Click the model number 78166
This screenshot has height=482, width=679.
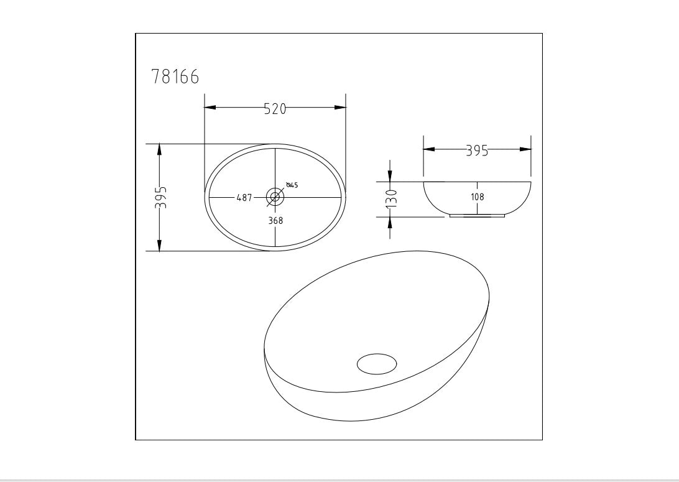[175, 77]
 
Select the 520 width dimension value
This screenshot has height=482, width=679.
[275, 109]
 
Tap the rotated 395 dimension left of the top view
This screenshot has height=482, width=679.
[160, 197]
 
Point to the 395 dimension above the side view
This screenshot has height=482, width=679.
[477, 151]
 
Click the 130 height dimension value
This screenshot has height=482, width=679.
[390, 199]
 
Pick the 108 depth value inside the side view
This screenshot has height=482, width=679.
[478, 197]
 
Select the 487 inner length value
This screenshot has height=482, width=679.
[244, 198]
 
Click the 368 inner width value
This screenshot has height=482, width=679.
[275, 220]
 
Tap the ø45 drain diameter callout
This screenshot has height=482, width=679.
[292, 185]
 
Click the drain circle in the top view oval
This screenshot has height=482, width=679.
[275, 197]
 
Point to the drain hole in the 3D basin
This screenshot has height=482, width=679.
[377, 363]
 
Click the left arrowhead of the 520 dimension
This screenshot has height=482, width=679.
[210, 108]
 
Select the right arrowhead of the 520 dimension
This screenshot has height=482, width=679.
[340, 108]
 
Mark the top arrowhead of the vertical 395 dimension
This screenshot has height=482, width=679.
[160, 150]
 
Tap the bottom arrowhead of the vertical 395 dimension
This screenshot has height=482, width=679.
[160, 246]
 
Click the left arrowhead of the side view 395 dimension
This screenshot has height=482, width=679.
[429, 149]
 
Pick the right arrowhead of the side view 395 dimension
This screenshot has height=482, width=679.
[525, 149]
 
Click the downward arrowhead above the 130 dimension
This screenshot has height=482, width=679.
[390, 176]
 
